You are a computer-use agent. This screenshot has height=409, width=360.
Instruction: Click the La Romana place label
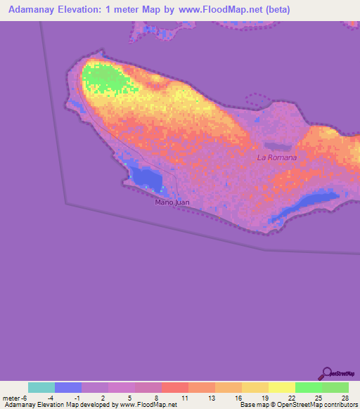(277, 157)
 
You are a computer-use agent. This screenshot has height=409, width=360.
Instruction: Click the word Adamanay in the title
(32, 10)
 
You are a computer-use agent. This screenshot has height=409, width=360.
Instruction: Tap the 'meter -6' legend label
(15, 398)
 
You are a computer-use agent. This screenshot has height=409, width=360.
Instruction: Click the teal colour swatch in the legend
(41, 387)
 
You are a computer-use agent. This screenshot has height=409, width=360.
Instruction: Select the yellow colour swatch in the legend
(282, 387)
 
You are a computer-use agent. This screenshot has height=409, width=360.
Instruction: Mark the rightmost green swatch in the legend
(335, 387)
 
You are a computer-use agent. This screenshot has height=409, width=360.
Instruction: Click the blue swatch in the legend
(68, 387)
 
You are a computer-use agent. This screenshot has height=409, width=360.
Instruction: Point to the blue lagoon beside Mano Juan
(148, 178)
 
